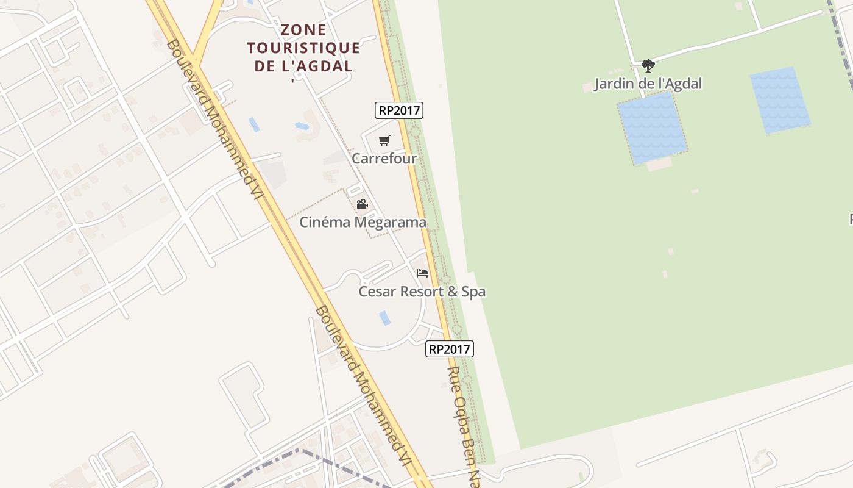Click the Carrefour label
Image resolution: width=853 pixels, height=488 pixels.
pyautogui.click(x=384, y=159)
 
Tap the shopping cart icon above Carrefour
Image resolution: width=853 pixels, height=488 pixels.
pyautogui.click(x=384, y=141)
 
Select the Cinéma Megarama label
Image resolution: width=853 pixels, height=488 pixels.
pyautogui.click(x=363, y=222)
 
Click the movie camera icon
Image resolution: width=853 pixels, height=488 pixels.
pyautogui.click(x=362, y=204)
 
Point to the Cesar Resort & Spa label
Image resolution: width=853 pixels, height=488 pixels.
pyautogui.click(x=422, y=292)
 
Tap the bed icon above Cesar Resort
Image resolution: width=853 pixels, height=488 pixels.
pyautogui.click(x=422, y=273)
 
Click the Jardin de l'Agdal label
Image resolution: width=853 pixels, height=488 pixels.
pyautogui.click(x=648, y=84)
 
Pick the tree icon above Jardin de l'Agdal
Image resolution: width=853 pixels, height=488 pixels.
pyautogui.click(x=648, y=65)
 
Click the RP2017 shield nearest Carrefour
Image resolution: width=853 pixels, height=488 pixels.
pyautogui.click(x=398, y=110)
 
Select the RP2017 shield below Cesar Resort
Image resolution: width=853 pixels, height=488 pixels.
pyautogui.click(x=449, y=349)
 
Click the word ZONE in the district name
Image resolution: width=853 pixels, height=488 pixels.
pyautogui.click(x=303, y=30)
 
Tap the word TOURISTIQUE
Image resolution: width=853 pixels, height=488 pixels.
pyautogui.click(x=303, y=48)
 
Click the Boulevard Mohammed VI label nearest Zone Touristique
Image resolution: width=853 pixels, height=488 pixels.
pyautogui.click(x=214, y=119)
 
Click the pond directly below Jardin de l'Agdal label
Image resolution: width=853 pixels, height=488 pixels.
pyautogui.click(x=652, y=128)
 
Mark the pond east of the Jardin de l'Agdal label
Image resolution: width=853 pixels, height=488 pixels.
pyautogui.click(x=780, y=100)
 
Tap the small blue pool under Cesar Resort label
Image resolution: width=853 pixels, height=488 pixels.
pyautogui.click(x=384, y=318)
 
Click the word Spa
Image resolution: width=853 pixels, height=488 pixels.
pyautogui.click(x=473, y=292)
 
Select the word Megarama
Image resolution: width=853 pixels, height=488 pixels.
pyautogui.click(x=390, y=222)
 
